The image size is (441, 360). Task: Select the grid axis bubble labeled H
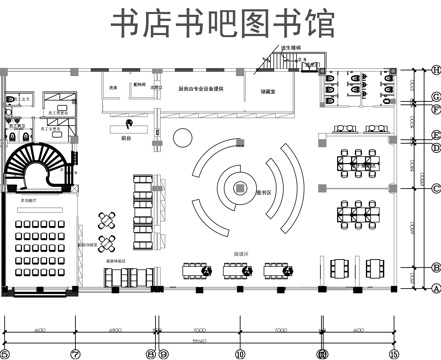coord(436,69)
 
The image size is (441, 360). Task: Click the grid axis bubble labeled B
coord(436,267)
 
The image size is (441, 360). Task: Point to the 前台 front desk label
coord(127,138)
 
